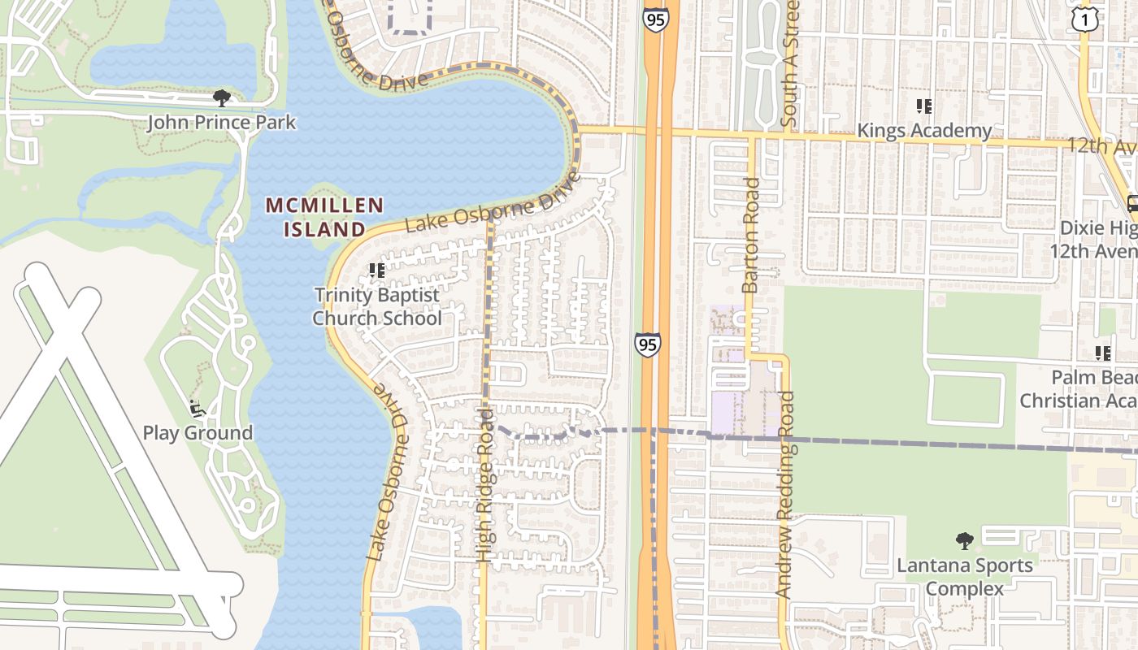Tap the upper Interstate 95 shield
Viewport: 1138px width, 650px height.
tap(654, 19)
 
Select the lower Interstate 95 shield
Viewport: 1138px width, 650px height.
tap(648, 345)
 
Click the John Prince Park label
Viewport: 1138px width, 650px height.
tap(222, 123)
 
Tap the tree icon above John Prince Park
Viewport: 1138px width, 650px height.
tap(221, 99)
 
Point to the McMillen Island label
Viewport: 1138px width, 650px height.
tap(324, 217)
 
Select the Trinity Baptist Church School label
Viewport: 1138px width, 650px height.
tap(377, 306)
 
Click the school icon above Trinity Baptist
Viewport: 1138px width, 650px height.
tap(376, 270)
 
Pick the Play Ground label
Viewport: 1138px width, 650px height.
tap(198, 432)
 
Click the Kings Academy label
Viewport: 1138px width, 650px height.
tap(924, 131)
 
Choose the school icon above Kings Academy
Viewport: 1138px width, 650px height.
tap(923, 106)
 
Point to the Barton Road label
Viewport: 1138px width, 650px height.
tap(750, 236)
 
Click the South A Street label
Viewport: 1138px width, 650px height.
tap(790, 63)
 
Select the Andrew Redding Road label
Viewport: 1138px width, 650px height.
tap(784, 496)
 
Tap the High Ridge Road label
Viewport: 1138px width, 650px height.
tap(485, 486)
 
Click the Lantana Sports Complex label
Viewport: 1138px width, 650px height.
tap(965, 576)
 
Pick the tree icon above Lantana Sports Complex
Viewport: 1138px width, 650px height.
tap(964, 540)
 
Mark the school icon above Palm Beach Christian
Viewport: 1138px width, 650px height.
tap(1103, 353)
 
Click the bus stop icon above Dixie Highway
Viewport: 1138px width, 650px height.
tap(1133, 203)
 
